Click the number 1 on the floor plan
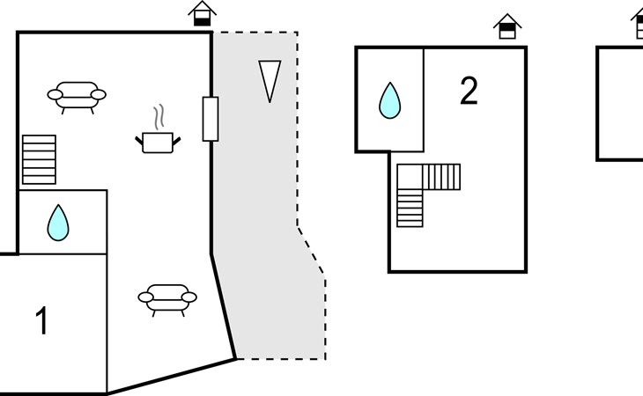pos(41,320)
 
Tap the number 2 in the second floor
pos(469,92)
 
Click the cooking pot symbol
pos(159,141)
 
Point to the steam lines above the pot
pos(159,117)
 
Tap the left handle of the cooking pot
pos(141,136)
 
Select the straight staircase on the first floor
pos(39,159)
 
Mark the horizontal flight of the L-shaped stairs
pos(441,177)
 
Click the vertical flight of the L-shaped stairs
pos(410,207)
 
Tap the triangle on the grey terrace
pos(270,80)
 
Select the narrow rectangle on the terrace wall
pos(211,119)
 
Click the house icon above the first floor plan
pos(203,13)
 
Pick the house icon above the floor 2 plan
pos(506,26)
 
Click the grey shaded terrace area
pos(264,220)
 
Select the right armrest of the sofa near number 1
pos(190,297)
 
